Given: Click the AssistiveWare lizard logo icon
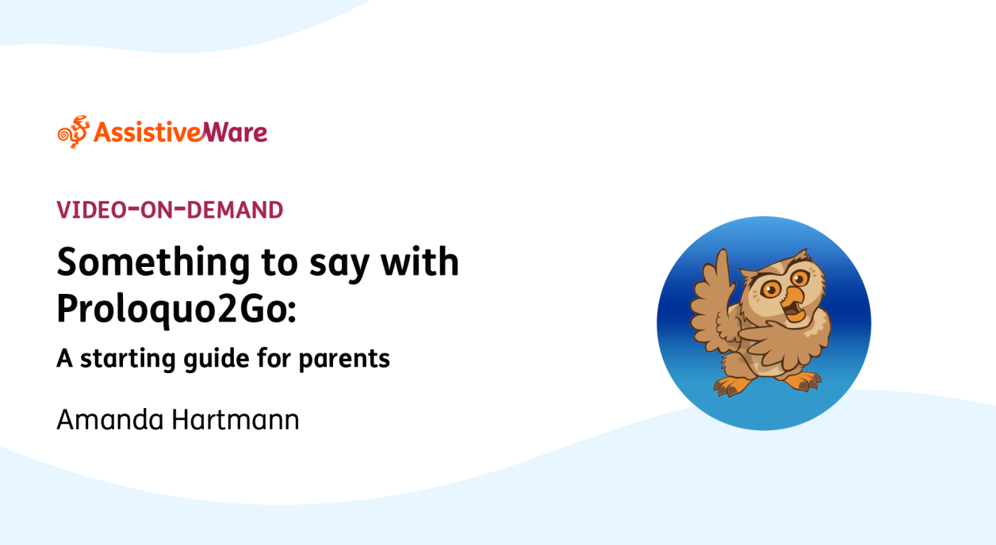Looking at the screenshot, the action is pos(74,132).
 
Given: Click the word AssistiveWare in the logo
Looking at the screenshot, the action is pos(181,132).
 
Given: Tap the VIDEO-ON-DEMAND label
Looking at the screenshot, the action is pos(170,210).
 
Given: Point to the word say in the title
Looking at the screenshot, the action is pos(339,266).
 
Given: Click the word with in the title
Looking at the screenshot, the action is pos(419,261).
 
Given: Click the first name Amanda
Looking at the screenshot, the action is pos(109,420).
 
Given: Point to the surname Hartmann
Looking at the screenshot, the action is pos(236,420).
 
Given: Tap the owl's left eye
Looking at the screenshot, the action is pos(771,290).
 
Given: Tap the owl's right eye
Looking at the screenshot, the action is pos(799,279).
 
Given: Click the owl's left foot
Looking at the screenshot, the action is pos(732,386).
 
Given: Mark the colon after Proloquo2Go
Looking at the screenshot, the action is pos(292,310).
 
